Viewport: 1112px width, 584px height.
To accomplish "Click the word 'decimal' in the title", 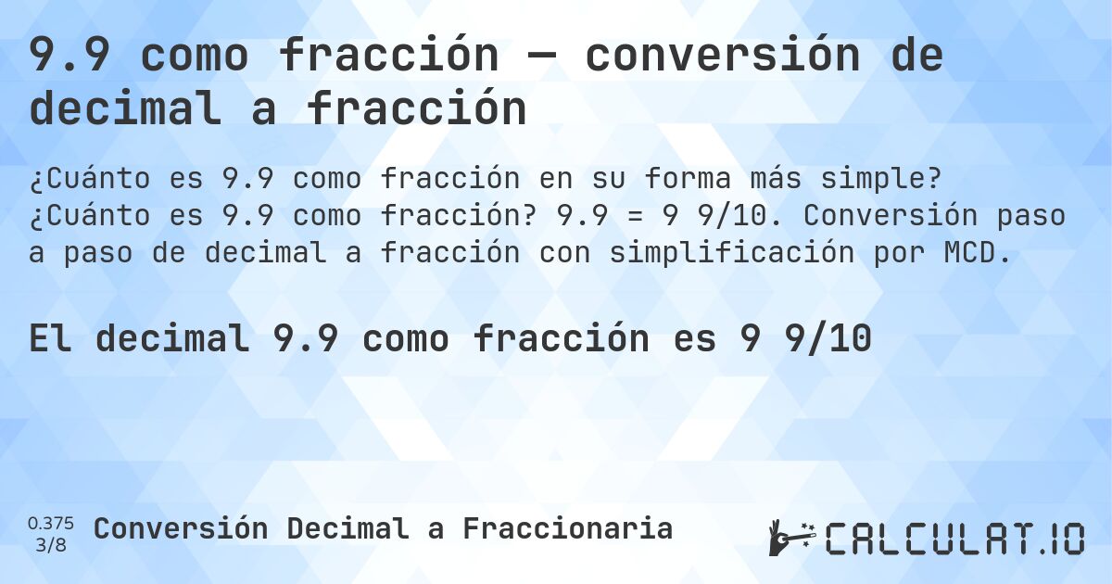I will tap(125, 109).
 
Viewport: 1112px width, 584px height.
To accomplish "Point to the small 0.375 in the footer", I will tap(51, 524).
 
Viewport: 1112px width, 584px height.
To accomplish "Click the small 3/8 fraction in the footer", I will tap(51, 544).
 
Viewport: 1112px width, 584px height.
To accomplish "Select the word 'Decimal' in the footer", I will tap(347, 528).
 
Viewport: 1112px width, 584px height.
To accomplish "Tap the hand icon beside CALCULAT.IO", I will tap(790, 538).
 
